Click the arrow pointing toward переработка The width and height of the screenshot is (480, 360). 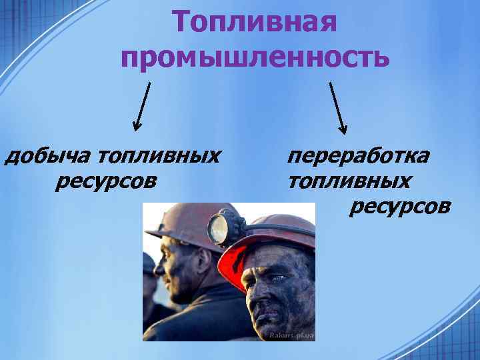[x=337, y=107]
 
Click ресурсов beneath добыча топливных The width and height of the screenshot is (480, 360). [x=107, y=181]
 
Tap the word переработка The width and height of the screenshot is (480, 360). [x=358, y=157]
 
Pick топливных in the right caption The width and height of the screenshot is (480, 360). [x=349, y=181]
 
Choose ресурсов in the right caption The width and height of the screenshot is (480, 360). [x=399, y=206]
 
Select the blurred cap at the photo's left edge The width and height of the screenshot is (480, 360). [x=149, y=263]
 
